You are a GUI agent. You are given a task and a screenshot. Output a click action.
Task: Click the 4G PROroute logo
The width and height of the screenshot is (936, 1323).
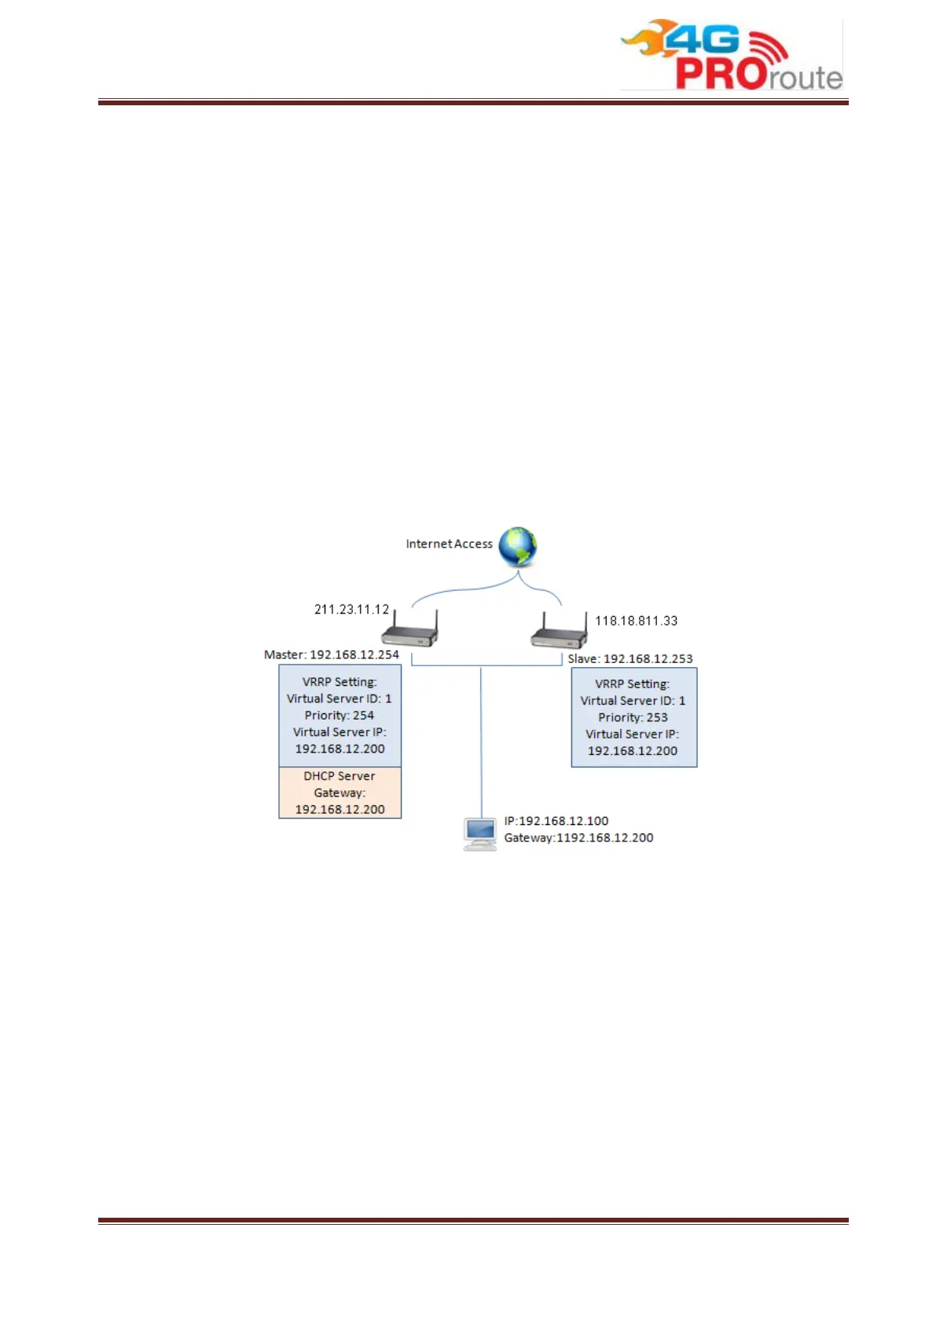(x=731, y=55)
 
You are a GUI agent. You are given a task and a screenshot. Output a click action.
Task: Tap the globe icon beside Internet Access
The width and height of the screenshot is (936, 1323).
(x=517, y=547)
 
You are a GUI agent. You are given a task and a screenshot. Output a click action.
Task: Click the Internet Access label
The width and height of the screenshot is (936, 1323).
(x=449, y=544)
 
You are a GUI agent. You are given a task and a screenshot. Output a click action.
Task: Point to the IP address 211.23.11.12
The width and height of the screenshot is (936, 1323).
(x=351, y=610)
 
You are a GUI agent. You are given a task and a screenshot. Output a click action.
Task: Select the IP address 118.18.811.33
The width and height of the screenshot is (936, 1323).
(x=636, y=621)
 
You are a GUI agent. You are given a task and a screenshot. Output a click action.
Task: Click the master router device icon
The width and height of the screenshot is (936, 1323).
(x=409, y=630)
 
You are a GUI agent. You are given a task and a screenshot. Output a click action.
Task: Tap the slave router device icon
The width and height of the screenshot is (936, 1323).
(x=559, y=632)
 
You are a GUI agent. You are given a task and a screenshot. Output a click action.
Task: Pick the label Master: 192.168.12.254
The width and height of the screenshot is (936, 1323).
(x=332, y=654)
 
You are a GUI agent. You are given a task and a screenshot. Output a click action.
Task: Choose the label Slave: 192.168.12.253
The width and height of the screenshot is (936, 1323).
(x=630, y=659)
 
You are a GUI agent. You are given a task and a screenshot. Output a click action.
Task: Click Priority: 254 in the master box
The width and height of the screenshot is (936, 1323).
(x=340, y=716)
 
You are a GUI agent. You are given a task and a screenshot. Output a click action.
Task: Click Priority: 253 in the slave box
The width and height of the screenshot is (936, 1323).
(x=633, y=718)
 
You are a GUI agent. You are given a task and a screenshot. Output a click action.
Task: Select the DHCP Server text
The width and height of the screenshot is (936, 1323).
(x=340, y=776)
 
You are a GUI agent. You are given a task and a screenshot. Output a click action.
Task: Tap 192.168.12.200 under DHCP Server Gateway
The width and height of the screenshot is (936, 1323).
(x=340, y=810)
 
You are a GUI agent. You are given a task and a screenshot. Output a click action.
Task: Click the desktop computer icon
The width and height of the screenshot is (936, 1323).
(x=479, y=834)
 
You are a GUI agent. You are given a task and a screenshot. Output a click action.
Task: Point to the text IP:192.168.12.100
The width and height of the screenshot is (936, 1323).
(x=556, y=821)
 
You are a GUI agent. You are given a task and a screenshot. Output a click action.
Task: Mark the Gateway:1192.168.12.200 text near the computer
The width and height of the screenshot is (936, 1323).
(x=578, y=838)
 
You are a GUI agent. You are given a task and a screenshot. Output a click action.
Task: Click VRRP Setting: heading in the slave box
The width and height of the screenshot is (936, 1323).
(x=632, y=684)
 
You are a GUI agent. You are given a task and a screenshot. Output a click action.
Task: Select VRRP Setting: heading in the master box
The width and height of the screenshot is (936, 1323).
(x=340, y=682)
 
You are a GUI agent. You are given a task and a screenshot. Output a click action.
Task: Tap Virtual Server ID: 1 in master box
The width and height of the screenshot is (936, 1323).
(x=339, y=698)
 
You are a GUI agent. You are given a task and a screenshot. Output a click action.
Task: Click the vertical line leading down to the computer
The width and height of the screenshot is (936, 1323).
(x=481, y=746)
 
